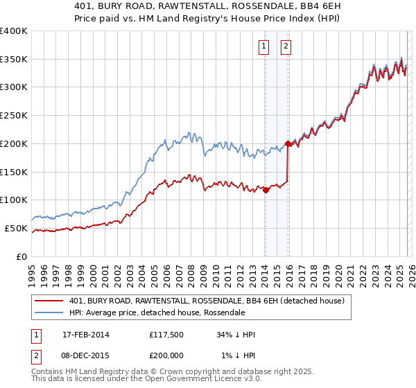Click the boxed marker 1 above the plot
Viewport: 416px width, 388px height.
(264, 47)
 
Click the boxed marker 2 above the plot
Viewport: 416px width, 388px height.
(286, 47)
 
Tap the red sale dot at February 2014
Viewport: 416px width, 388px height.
(266, 190)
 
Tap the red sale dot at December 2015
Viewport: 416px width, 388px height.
(288, 143)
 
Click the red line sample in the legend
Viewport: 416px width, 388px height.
(50, 301)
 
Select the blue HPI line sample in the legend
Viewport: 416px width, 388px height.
(50, 313)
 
